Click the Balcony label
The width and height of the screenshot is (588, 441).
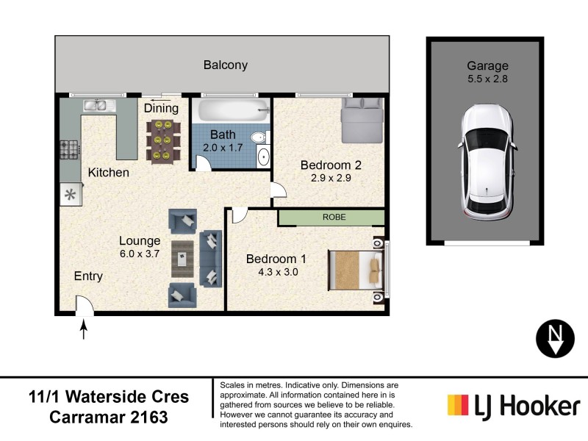click(x=225, y=65)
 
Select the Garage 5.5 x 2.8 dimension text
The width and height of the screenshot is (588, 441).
click(x=487, y=78)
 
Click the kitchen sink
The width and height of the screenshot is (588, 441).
click(x=98, y=105)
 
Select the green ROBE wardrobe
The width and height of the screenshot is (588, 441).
click(x=331, y=218)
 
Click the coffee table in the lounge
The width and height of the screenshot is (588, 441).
click(x=183, y=256)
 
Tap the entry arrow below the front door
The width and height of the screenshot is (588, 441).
click(x=83, y=329)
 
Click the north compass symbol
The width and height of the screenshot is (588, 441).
click(x=556, y=338)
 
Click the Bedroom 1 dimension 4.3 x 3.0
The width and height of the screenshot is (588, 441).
click(x=276, y=270)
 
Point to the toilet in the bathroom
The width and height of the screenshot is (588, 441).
click(x=257, y=139)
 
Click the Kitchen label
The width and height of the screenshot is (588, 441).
click(x=109, y=173)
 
